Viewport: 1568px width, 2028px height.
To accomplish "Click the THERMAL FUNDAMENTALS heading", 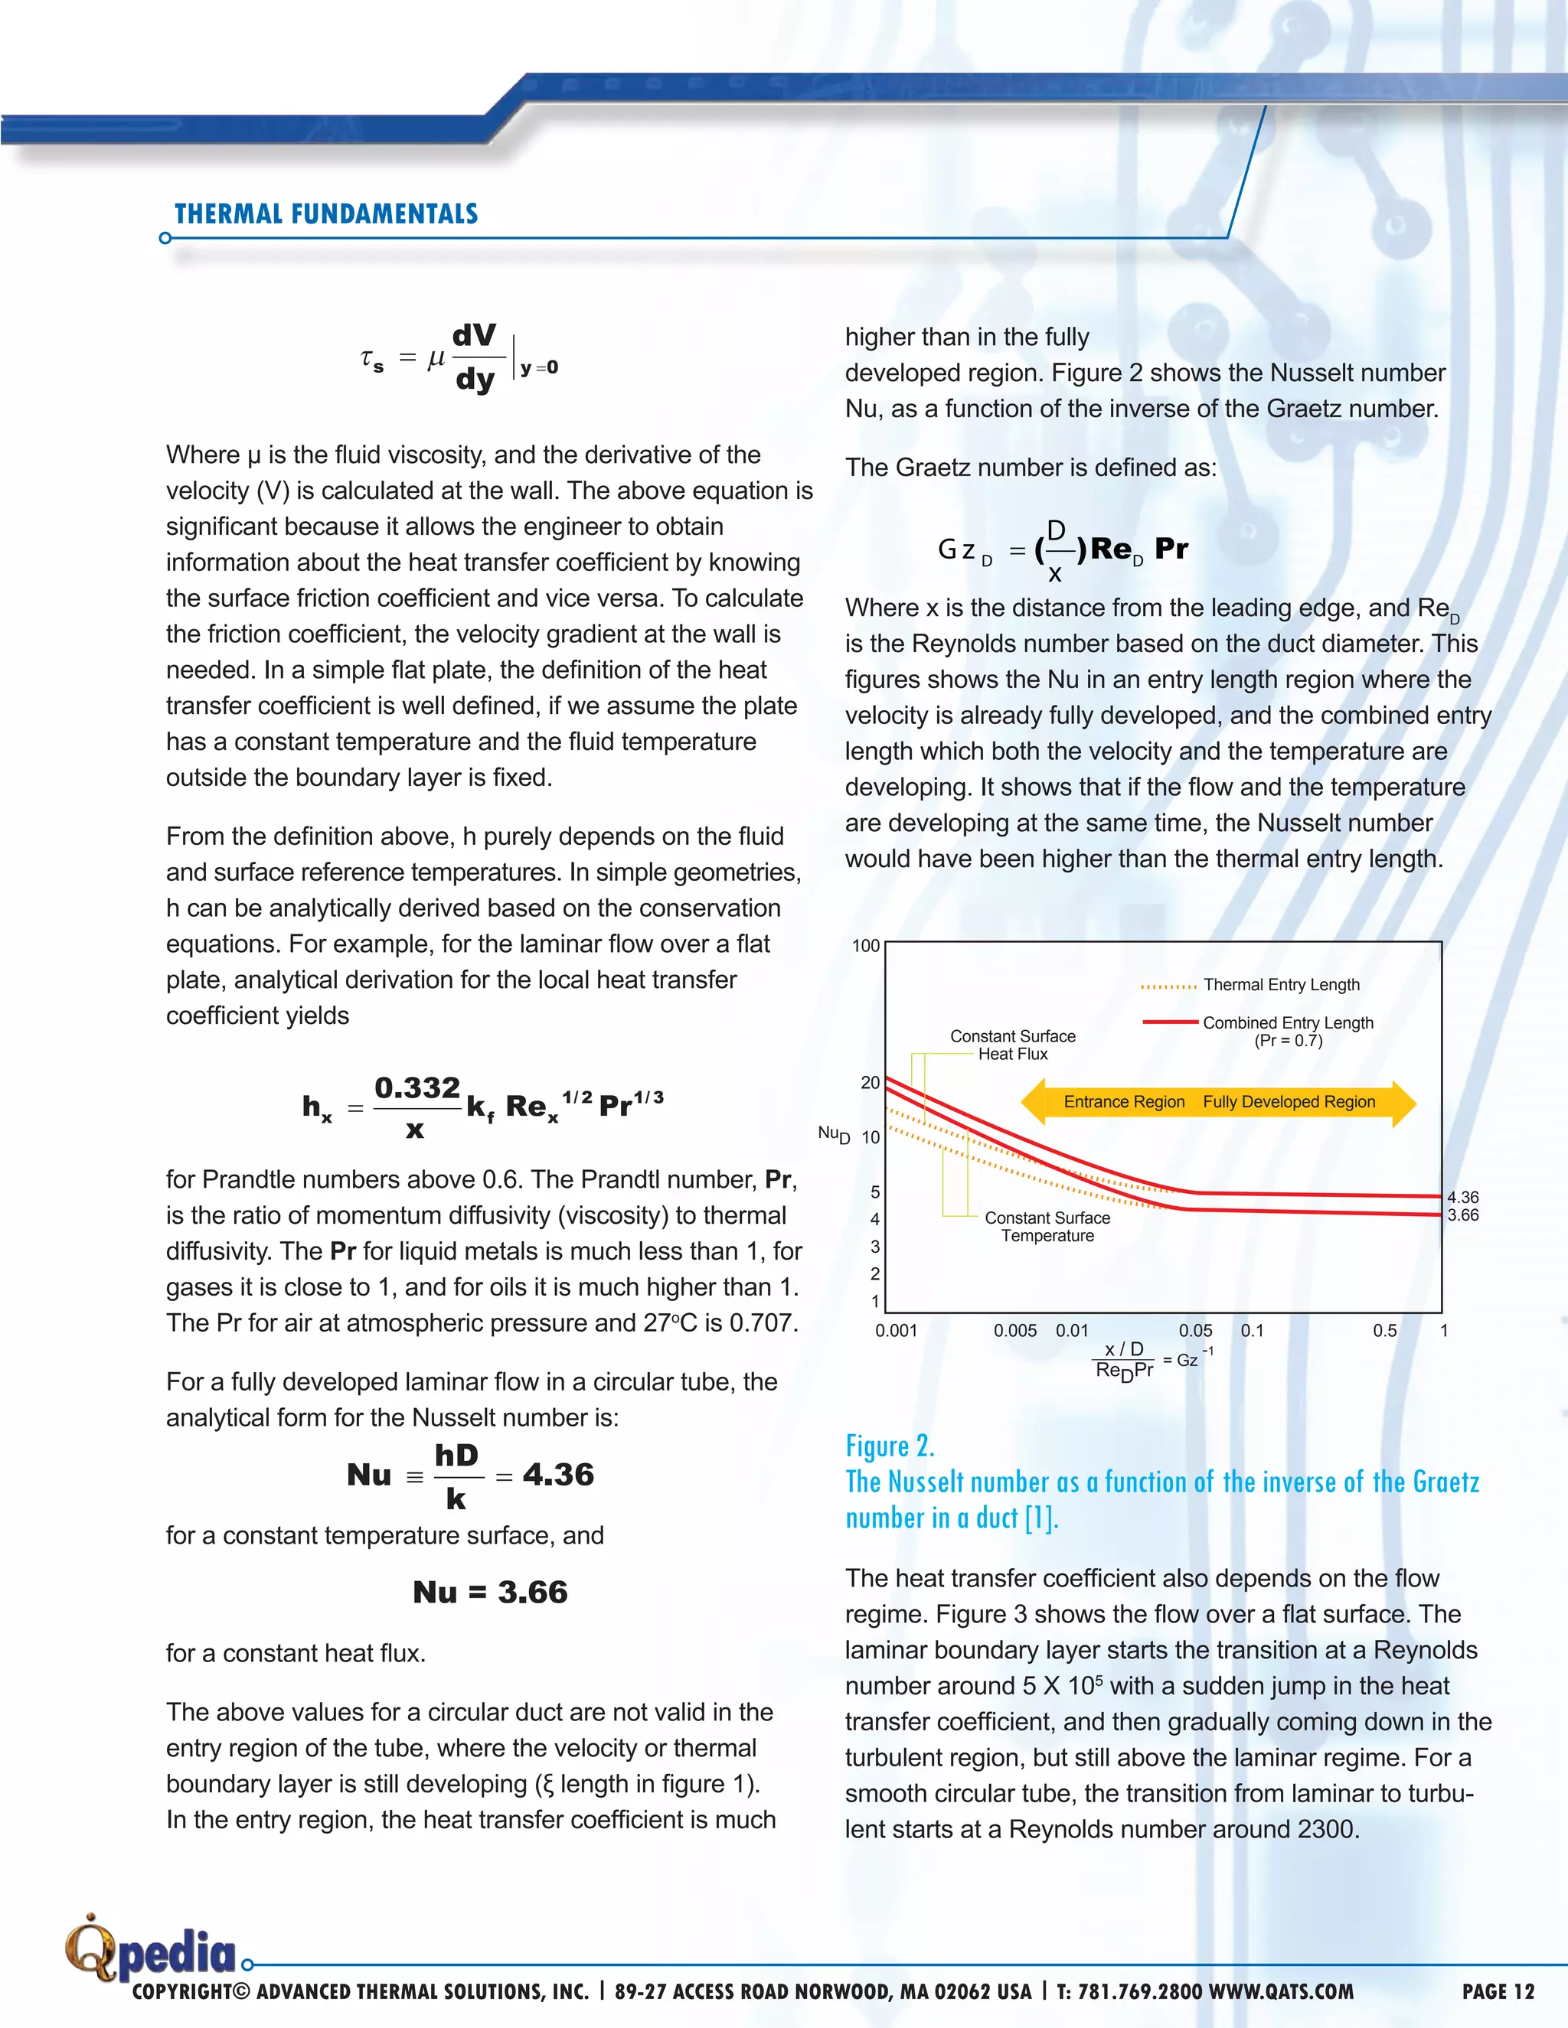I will [x=326, y=214].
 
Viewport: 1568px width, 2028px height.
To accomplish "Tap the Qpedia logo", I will [x=152, y=1948].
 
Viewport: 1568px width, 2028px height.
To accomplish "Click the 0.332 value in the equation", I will [x=417, y=1087].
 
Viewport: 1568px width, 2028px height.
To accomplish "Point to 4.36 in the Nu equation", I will [x=557, y=1475].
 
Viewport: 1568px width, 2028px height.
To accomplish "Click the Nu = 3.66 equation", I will [x=489, y=1593].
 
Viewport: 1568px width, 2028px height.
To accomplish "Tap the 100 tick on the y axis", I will [x=866, y=946].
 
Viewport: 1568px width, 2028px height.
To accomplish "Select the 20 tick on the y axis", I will [x=870, y=1083].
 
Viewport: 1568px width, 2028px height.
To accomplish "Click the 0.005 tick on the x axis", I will [x=1014, y=1331].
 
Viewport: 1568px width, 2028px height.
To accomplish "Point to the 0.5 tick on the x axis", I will [x=1384, y=1331].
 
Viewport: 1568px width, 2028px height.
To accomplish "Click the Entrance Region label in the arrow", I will [x=1124, y=1102].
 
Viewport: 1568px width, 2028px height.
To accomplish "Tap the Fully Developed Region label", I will [x=1289, y=1102].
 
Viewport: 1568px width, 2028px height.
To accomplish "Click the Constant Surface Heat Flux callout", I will [x=1012, y=1045].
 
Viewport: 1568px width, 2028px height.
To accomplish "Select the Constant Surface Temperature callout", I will [x=1047, y=1227].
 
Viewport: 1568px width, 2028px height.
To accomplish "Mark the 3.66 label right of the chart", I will [x=1463, y=1215].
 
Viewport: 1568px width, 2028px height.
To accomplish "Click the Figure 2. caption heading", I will [x=890, y=1446].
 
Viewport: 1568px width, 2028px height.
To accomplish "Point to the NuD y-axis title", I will [x=833, y=1134].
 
